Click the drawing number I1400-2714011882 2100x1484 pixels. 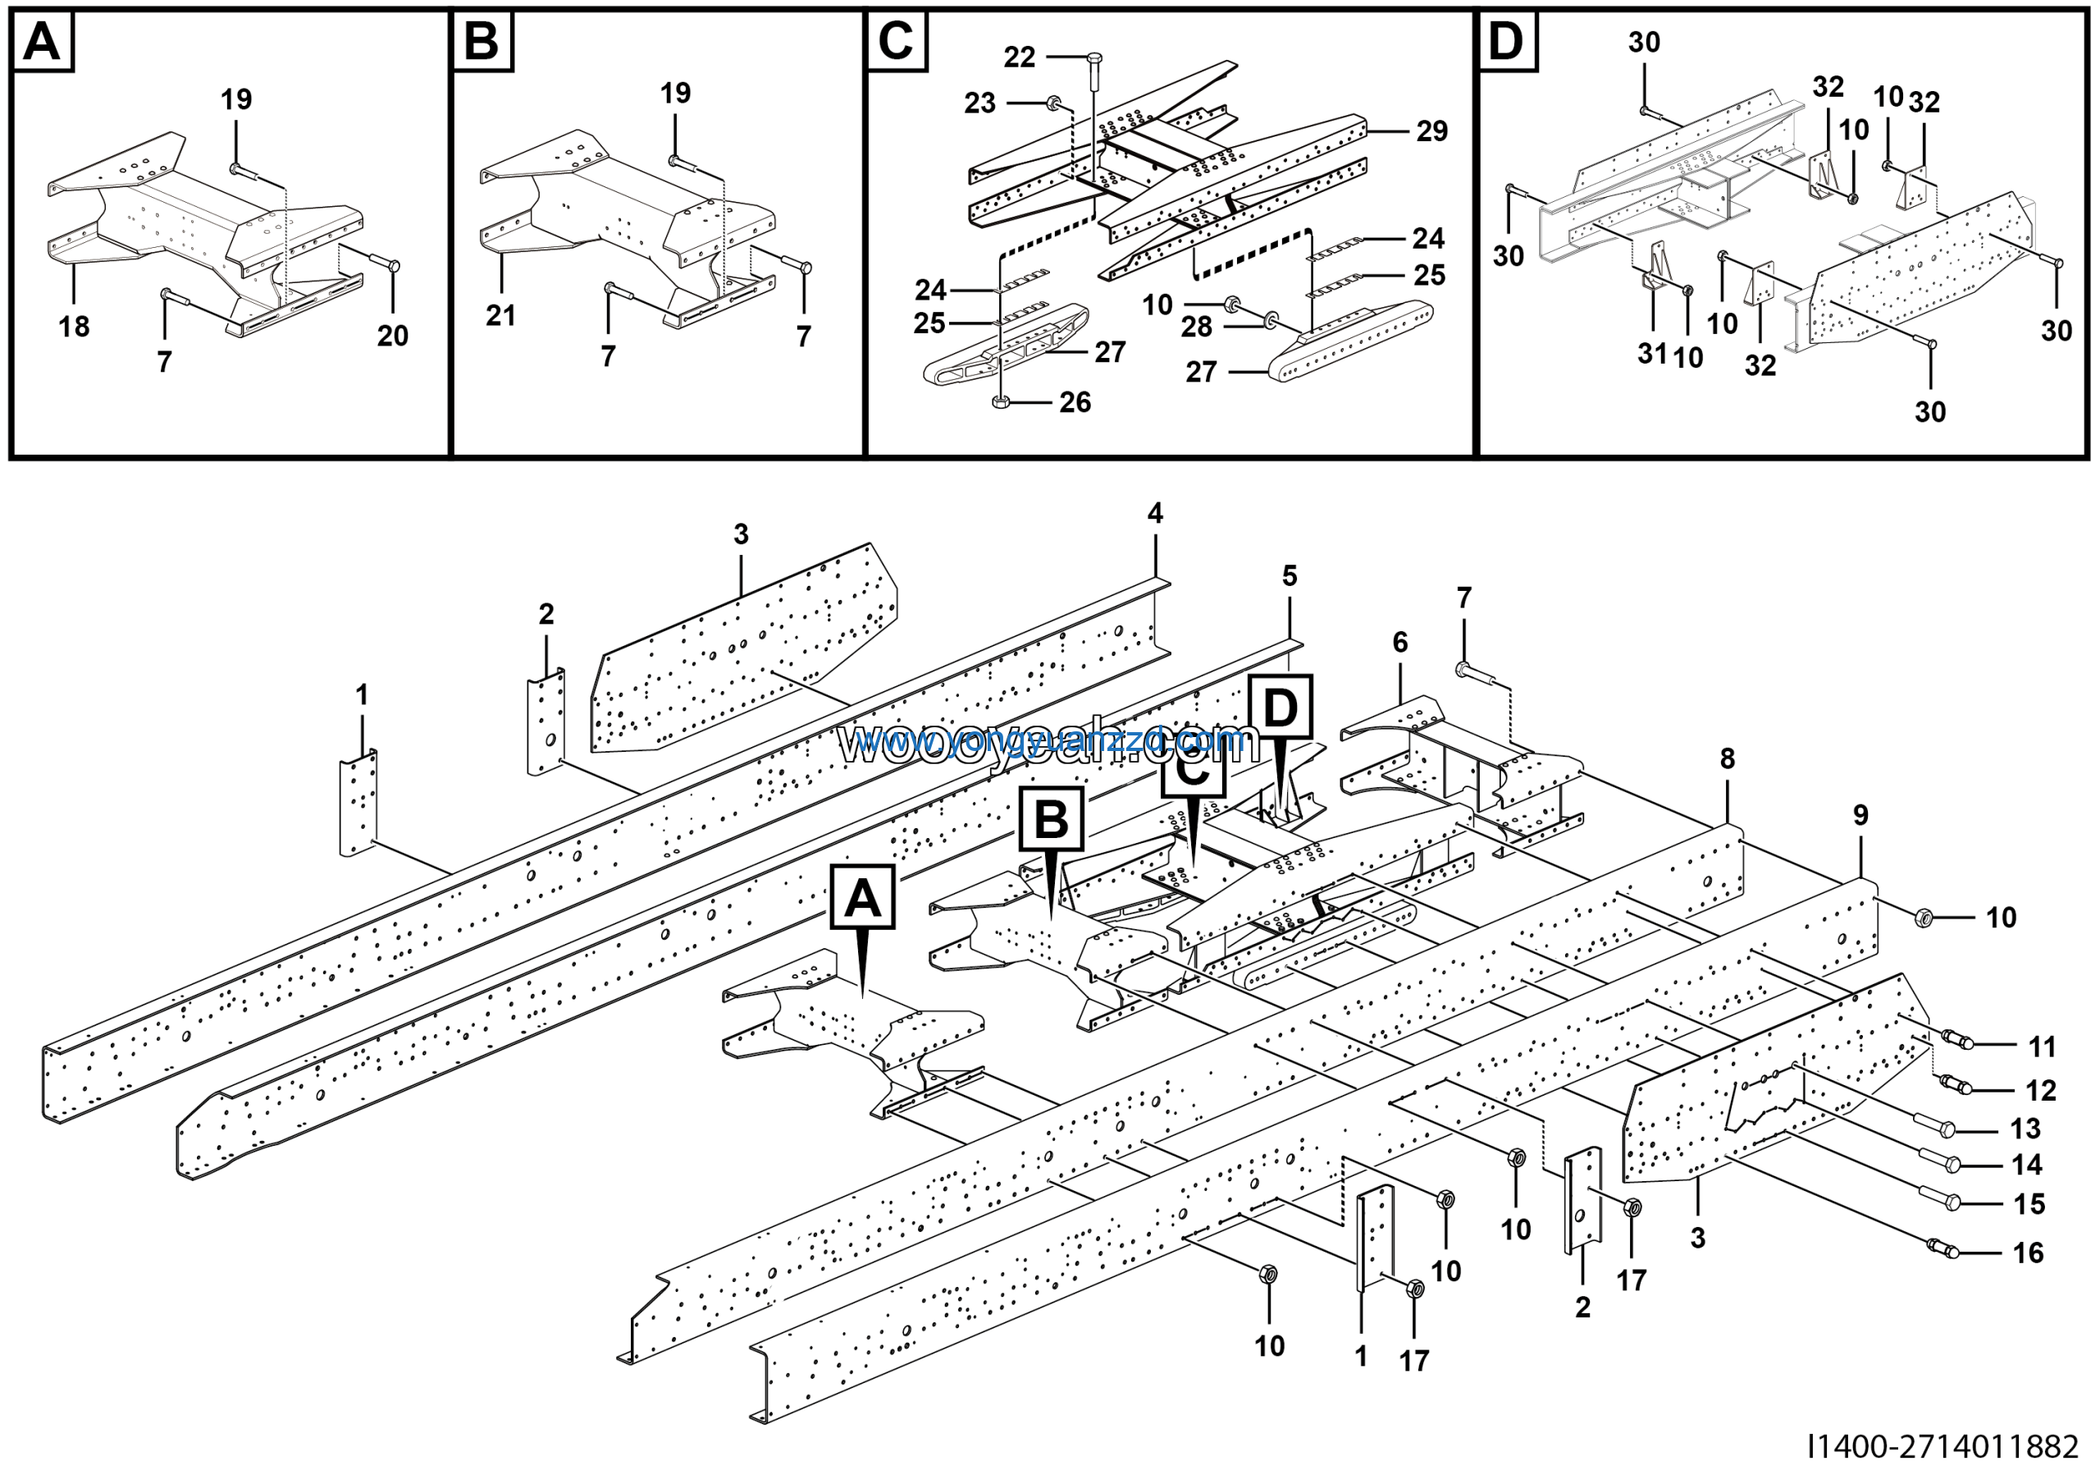tap(1942, 1447)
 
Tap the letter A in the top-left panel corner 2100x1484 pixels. tap(42, 41)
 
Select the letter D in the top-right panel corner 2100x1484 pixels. tap(1506, 41)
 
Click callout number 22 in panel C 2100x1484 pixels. tap(1019, 57)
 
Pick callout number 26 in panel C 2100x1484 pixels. tap(1075, 402)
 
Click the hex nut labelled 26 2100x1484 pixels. tap(1001, 401)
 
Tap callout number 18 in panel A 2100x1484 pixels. tap(74, 327)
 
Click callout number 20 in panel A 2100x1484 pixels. tap(392, 336)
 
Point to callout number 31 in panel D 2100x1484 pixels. tap(1651, 353)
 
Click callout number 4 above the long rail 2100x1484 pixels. tap(1155, 513)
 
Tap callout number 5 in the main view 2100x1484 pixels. tap(1290, 576)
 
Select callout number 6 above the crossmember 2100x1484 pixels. tap(1400, 643)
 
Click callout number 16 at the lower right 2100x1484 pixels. tap(2028, 1253)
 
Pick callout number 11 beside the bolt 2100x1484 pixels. tap(2042, 1047)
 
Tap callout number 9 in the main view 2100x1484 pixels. tap(1860, 815)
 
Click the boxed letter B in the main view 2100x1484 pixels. tap(1051, 819)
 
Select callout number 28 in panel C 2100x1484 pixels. tap(1196, 327)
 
